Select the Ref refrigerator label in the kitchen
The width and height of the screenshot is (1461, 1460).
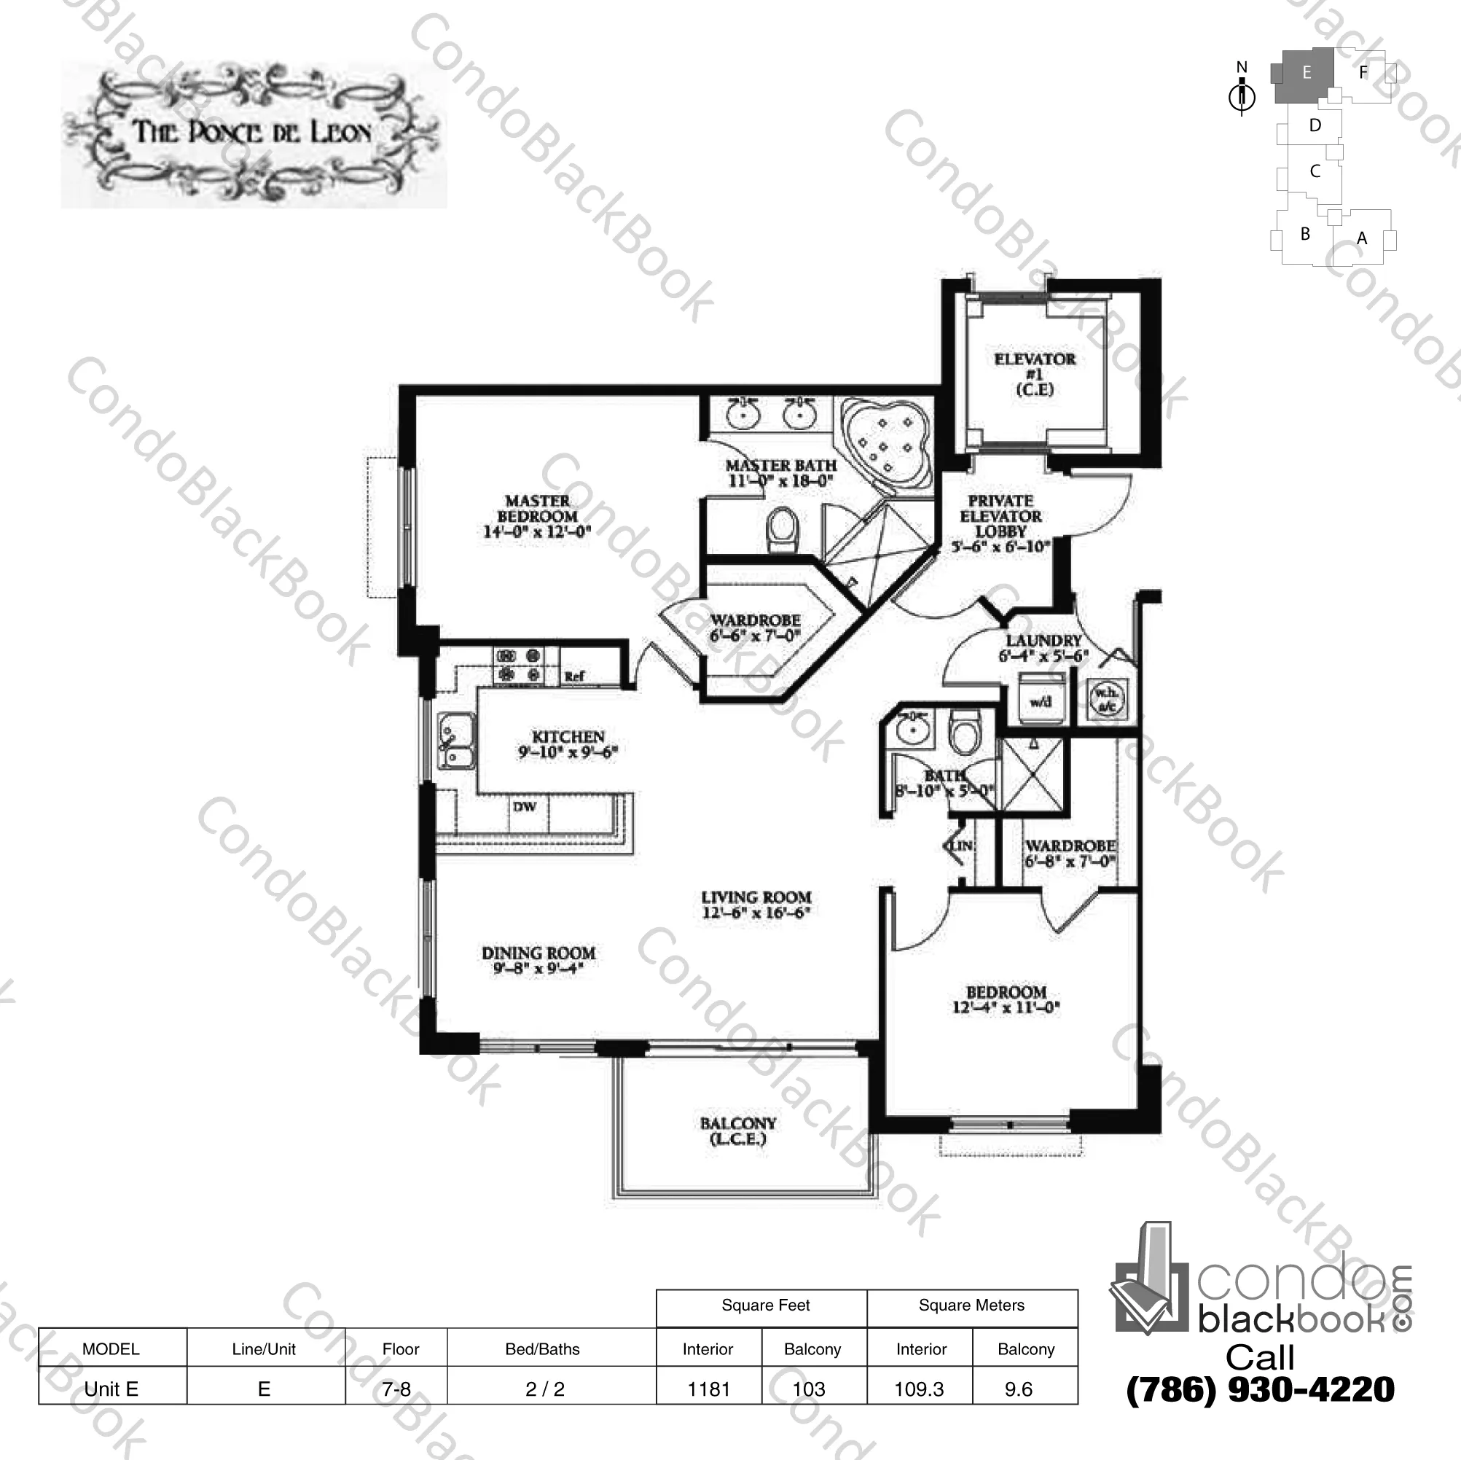[574, 676]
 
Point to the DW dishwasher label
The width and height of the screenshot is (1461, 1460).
[524, 806]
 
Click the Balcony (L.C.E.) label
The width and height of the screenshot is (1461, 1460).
[737, 1131]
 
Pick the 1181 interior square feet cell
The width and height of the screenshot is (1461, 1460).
[708, 1389]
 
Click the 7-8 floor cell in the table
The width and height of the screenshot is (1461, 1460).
[396, 1389]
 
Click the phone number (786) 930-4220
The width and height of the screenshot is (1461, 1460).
[1260, 1389]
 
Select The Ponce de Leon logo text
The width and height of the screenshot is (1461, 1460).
[253, 133]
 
